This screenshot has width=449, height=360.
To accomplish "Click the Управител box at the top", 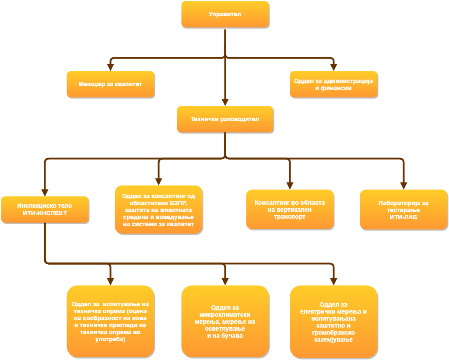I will [225, 14].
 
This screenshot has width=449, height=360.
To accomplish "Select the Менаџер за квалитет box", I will [110, 84].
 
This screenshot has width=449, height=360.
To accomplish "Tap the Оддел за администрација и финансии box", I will [333, 84].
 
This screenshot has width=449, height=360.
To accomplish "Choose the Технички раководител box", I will [225, 119].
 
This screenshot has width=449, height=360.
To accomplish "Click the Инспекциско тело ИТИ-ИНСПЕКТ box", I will [45, 210].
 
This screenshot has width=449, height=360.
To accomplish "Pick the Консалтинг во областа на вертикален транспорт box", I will [290, 210].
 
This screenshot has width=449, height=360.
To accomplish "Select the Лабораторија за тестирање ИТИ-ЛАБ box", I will [403, 210].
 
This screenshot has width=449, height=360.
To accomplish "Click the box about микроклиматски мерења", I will [225, 322].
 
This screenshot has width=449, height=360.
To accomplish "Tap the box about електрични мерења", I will [333, 322].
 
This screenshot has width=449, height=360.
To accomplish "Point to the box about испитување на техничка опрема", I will [110, 322].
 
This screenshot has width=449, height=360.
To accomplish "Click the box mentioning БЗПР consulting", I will [158, 210].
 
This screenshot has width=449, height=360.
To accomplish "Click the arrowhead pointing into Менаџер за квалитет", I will [110, 67].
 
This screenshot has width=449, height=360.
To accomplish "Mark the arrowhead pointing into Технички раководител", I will [225, 102].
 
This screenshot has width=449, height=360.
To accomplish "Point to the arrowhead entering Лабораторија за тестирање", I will [403, 185].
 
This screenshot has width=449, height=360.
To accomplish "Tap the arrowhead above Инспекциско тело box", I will [45, 192].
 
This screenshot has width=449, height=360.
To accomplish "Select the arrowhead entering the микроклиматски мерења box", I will [225, 281].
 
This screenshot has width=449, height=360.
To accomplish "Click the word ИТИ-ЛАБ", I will [403, 216].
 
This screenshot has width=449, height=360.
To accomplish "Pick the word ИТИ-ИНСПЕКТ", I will [45, 213].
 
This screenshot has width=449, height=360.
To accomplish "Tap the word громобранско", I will [333, 333].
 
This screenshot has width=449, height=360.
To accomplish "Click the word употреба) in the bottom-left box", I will [110, 339].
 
